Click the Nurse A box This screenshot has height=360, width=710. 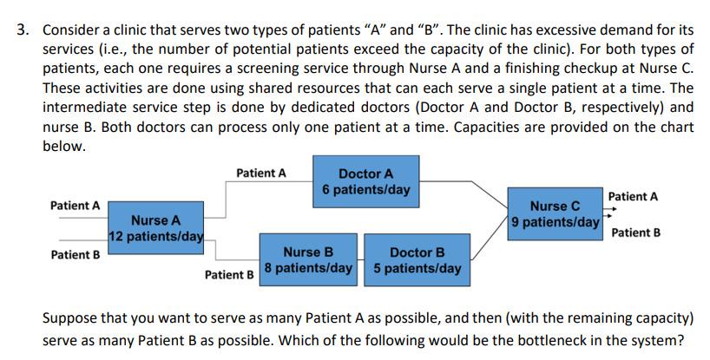[x=156, y=228]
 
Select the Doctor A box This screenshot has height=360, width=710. [x=365, y=181]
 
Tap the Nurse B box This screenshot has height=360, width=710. [x=308, y=259]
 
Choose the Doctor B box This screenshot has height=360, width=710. [x=417, y=259]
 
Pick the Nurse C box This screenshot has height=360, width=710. [x=555, y=213]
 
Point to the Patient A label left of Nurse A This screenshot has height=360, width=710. [x=75, y=206]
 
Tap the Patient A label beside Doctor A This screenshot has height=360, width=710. [x=260, y=173]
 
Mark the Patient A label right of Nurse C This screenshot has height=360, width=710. [x=633, y=197]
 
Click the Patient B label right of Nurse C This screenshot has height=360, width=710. [x=635, y=232]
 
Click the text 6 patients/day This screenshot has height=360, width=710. [x=365, y=189]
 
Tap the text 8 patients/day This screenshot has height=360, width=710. [x=308, y=268]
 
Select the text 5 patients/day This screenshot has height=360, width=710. [x=417, y=268]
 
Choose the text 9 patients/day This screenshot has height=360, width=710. [x=555, y=222]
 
